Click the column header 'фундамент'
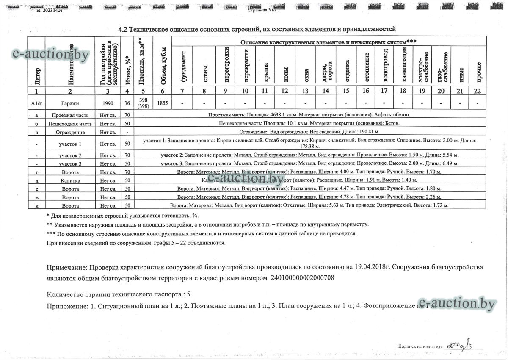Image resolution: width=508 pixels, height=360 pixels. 183,66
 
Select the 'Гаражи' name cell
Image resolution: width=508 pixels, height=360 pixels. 70,103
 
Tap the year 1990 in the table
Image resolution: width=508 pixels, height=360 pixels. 108,103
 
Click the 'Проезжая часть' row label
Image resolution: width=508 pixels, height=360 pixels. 70,115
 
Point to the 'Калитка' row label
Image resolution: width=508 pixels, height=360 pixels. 70,180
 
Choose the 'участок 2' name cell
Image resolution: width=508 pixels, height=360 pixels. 70,155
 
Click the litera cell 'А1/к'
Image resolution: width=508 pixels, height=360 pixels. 37,103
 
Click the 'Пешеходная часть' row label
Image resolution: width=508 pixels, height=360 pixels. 70,123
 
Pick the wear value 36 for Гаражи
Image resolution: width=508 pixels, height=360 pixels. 127,103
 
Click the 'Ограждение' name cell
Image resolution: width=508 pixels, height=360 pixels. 70,132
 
